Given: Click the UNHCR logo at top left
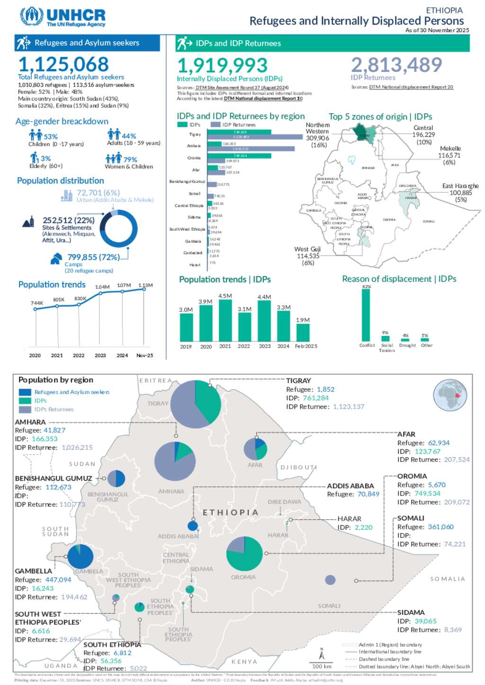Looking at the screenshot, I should (63, 17).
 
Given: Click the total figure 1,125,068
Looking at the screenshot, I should (63, 64).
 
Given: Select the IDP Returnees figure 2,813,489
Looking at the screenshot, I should (396, 65).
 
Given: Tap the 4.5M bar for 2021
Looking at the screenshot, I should (225, 320).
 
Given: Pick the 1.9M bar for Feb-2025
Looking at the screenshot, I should (303, 333).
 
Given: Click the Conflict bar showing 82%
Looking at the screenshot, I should (366, 315).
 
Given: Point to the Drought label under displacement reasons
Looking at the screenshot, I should (407, 345).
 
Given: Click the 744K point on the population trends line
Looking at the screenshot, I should (36, 309).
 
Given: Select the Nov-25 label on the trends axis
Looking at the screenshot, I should (144, 355).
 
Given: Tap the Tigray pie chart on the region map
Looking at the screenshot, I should (196, 404).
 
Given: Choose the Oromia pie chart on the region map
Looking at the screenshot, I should (244, 553).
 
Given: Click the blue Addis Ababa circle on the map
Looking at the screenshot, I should (193, 526).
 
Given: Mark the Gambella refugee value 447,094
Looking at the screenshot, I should (58, 580).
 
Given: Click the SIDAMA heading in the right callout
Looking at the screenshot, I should (411, 612).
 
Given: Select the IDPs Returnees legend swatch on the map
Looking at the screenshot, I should (25, 409).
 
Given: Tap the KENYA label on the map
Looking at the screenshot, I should (244, 662).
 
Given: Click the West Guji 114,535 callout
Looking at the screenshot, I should (308, 256).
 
